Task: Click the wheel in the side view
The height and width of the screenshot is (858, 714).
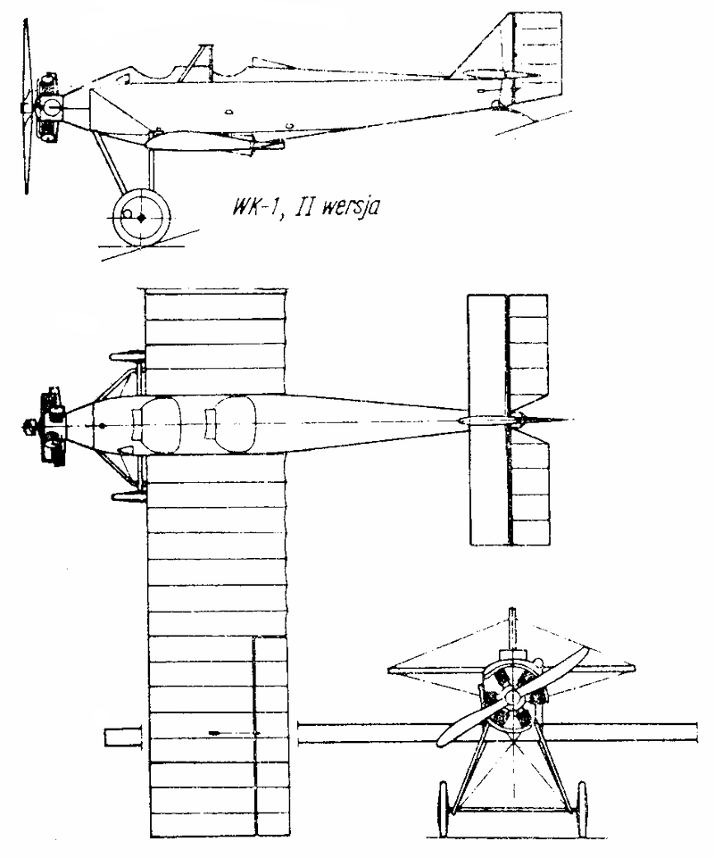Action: point(141,217)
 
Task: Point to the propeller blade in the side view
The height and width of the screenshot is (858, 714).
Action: point(25,107)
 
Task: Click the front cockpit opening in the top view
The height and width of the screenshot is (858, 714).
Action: point(158,425)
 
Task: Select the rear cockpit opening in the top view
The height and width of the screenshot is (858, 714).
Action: point(231,424)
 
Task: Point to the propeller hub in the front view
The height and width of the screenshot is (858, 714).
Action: point(512,696)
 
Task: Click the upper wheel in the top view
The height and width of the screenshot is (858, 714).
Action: point(128,356)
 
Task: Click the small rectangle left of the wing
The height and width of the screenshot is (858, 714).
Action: point(123,737)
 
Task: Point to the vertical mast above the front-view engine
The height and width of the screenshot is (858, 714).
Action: point(512,629)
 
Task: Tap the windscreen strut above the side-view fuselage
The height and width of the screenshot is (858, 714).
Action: point(195,63)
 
